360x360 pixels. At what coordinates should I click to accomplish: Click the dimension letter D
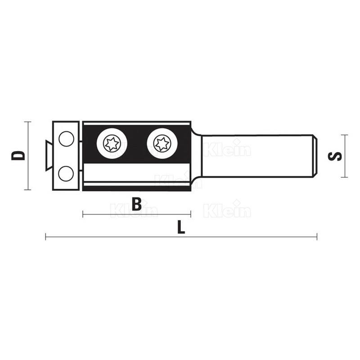(18, 156)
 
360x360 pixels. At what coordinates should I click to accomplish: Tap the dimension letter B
(137, 204)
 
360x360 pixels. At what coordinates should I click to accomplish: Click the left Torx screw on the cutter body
(112, 144)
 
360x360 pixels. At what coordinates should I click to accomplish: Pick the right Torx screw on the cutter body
(162, 144)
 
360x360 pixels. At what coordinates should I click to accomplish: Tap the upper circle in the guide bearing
(67, 139)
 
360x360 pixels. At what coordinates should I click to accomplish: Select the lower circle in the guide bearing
(67, 173)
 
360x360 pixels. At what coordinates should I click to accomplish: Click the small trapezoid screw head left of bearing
(47, 156)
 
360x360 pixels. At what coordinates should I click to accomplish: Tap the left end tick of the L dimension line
(46, 237)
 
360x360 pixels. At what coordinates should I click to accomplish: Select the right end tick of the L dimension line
(317, 237)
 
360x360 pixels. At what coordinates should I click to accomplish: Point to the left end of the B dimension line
(83, 214)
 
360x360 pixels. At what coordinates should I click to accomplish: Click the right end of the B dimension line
(191, 214)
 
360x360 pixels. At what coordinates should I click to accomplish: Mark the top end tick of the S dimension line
(345, 135)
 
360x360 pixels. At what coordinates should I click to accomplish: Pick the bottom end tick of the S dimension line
(345, 177)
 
